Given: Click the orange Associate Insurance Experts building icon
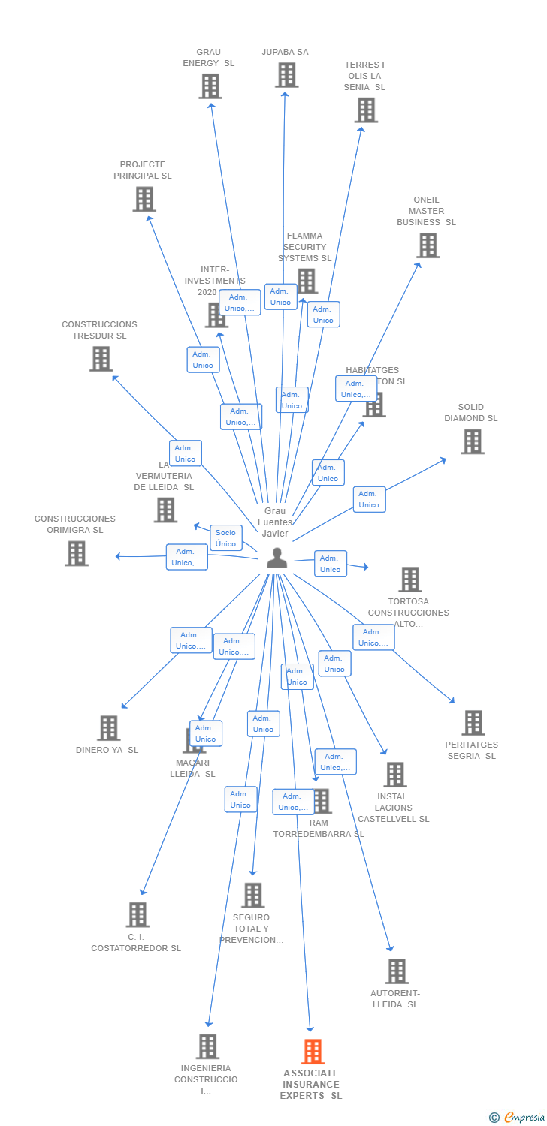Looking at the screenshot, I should click(313, 1052).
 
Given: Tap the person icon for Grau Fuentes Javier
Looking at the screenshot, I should click(277, 558).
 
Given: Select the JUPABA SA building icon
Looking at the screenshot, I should click(286, 75).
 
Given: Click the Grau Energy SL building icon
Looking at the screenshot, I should click(210, 86).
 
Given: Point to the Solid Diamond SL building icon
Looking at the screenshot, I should click(472, 441).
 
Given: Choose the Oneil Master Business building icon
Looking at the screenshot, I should click(428, 245).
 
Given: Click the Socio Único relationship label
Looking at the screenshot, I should click(225, 538).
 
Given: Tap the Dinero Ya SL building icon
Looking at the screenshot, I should click(108, 727).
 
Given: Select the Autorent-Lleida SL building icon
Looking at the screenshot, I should click(396, 971).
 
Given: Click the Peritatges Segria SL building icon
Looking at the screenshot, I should click(473, 723).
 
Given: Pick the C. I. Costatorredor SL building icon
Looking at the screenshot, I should click(138, 914).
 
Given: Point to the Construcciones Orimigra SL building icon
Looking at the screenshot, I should click(76, 553).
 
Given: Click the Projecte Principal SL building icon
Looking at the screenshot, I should click(144, 199).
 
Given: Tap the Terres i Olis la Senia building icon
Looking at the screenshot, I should click(366, 110).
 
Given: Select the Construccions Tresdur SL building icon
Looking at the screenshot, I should click(101, 359).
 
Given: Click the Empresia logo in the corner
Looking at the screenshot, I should click(518, 1118).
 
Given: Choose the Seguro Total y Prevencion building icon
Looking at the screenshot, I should click(253, 895).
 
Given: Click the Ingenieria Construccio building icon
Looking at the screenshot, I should click(207, 1046).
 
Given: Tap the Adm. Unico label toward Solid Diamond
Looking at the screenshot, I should click(369, 499).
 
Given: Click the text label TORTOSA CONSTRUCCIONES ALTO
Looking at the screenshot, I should click(408, 613).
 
